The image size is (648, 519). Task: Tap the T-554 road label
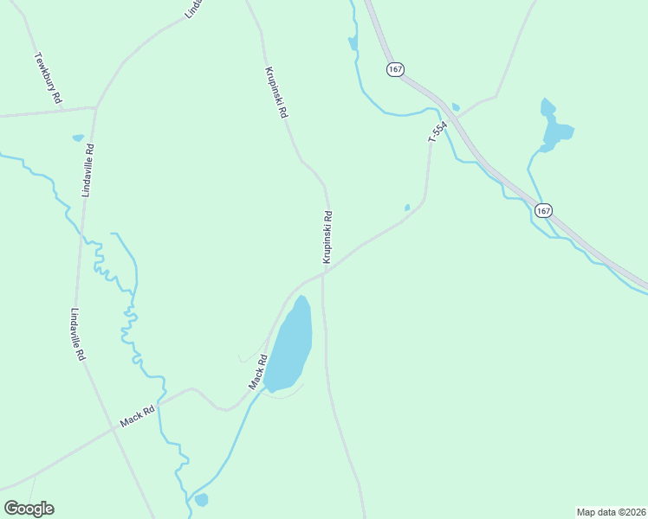(438, 132)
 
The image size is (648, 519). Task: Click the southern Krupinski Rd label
(328, 236)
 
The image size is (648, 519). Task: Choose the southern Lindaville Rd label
(79, 335)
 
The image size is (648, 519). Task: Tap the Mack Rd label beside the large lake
(256, 371)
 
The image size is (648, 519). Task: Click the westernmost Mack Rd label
(137, 415)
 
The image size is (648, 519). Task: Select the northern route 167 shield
(395, 68)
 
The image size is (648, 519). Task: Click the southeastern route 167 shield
(543, 210)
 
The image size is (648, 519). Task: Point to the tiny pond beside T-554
(407, 207)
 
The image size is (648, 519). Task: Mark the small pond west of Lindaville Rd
(78, 138)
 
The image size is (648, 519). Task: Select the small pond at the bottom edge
(202, 500)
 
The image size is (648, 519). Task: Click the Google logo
(29, 509)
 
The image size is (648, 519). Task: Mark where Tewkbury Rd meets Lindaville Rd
(95, 108)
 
